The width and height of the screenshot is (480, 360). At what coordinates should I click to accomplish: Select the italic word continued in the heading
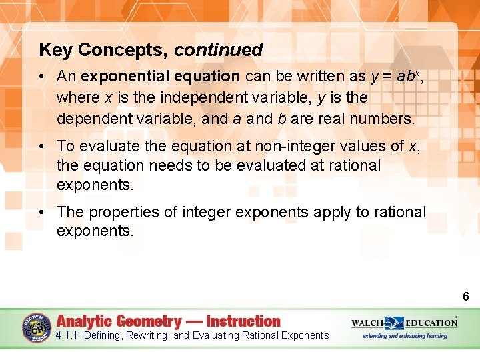pyautogui.click(x=219, y=50)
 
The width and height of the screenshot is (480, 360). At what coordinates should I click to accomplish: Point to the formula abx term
pyautogui.click(x=408, y=76)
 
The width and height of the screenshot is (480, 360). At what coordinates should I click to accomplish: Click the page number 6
pyautogui.click(x=466, y=296)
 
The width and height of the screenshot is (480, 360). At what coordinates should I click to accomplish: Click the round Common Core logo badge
pyautogui.click(x=37, y=327)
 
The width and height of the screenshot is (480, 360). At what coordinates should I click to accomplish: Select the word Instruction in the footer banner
pyautogui.click(x=243, y=321)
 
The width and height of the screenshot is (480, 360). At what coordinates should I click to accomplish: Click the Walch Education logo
pyautogui.click(x=404, y=323)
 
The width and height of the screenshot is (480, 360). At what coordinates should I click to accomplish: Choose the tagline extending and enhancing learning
pyautogui.click(x=405, y=336)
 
